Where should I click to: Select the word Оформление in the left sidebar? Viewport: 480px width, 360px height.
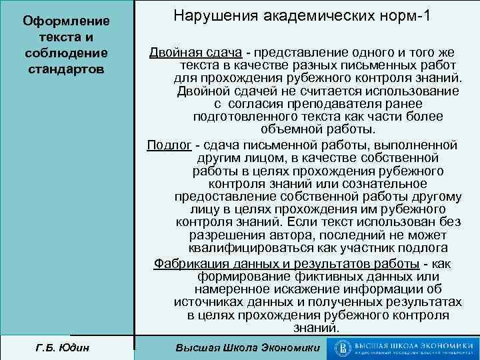coord(67,22)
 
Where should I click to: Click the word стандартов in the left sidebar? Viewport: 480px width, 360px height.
coord(67,68)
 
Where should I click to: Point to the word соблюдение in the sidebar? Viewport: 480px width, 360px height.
coord(67,53)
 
